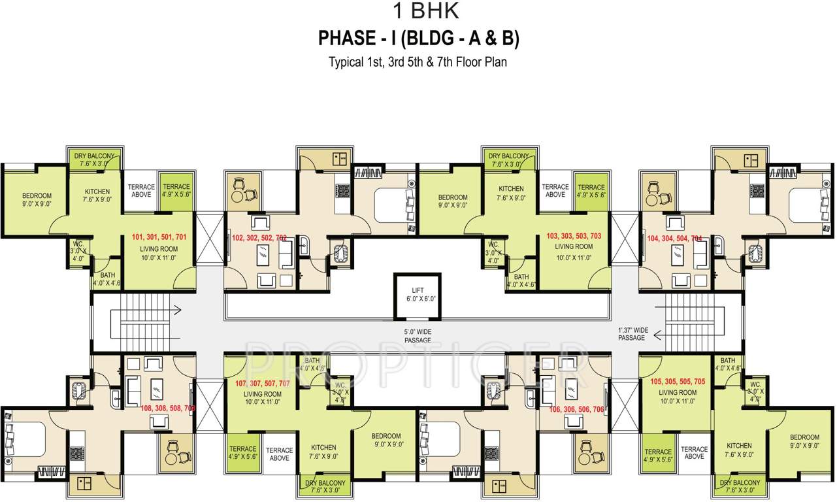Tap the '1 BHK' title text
point(418,12)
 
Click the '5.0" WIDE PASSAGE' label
point(418,336)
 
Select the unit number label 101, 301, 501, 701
point(159,237)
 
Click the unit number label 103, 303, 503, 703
point(573,235)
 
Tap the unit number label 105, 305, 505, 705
point(678,381)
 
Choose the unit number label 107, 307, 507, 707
point(263,383)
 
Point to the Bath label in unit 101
point(107,279)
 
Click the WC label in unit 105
point(755,390)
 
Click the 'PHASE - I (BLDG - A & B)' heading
point(418,39)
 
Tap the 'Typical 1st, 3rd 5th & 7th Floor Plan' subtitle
point(418,63)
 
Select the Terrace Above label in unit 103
point(555,191)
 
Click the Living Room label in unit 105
point(678,397)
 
